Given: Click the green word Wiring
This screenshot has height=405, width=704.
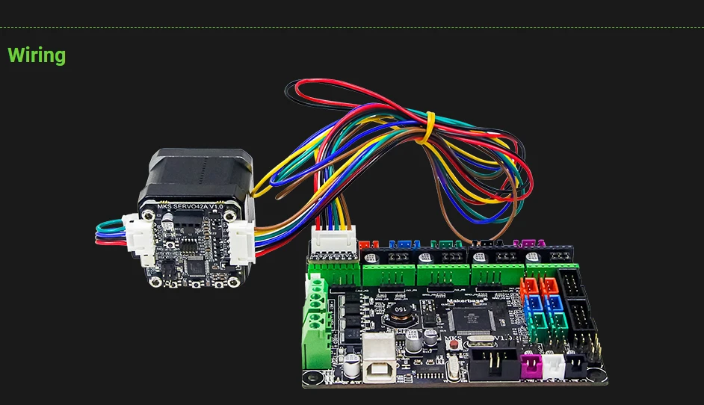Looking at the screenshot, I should pyautogui.click(x=37, y=55).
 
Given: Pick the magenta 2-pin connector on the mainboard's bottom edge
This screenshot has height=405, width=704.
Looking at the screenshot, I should pyautogui.click(x=532, y=365).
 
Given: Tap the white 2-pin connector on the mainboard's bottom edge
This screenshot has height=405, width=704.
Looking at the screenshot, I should pyautogui.click(x=554, y=365).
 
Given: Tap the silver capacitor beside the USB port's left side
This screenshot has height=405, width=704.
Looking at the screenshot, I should pyautogui.click(x=347, y=349).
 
